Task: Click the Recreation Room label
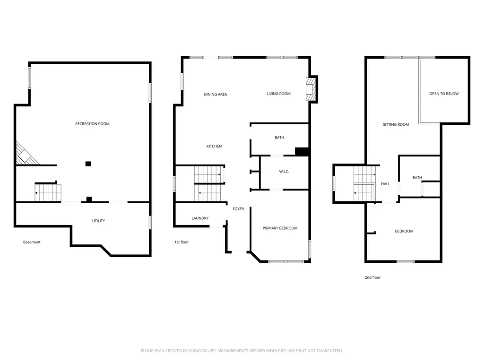coord(92,124)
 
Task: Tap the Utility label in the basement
coord(98,221)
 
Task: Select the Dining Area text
coord(216,95)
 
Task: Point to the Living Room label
coord(278,94)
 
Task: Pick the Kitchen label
coord(214,146)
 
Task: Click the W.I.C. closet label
coord(284,172)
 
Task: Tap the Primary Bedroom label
coord(280,228)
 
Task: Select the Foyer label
coord(238,209)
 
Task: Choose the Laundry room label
coord(200,218)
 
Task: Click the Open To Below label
coord(444,94)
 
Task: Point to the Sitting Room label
coord(396,124)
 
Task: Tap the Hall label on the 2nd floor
coord(386,184)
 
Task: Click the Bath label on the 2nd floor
coord(417,178)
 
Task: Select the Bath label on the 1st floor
coord(279,138)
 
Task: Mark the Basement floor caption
coord(32,242)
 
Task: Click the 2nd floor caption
coord(372,277)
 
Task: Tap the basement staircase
coord(48,193)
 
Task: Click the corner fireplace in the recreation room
coord(26,154)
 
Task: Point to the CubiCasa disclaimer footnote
coord(242,351)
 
